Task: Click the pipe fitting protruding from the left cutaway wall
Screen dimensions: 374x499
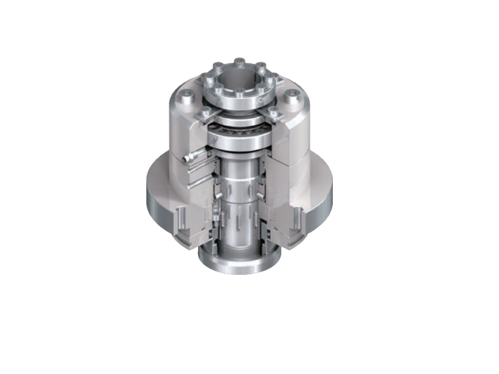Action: tap(189, 158)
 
